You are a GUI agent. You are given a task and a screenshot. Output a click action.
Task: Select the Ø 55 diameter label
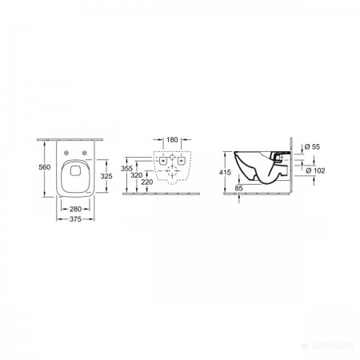314,146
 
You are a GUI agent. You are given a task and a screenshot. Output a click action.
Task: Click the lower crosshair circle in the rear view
172,170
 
